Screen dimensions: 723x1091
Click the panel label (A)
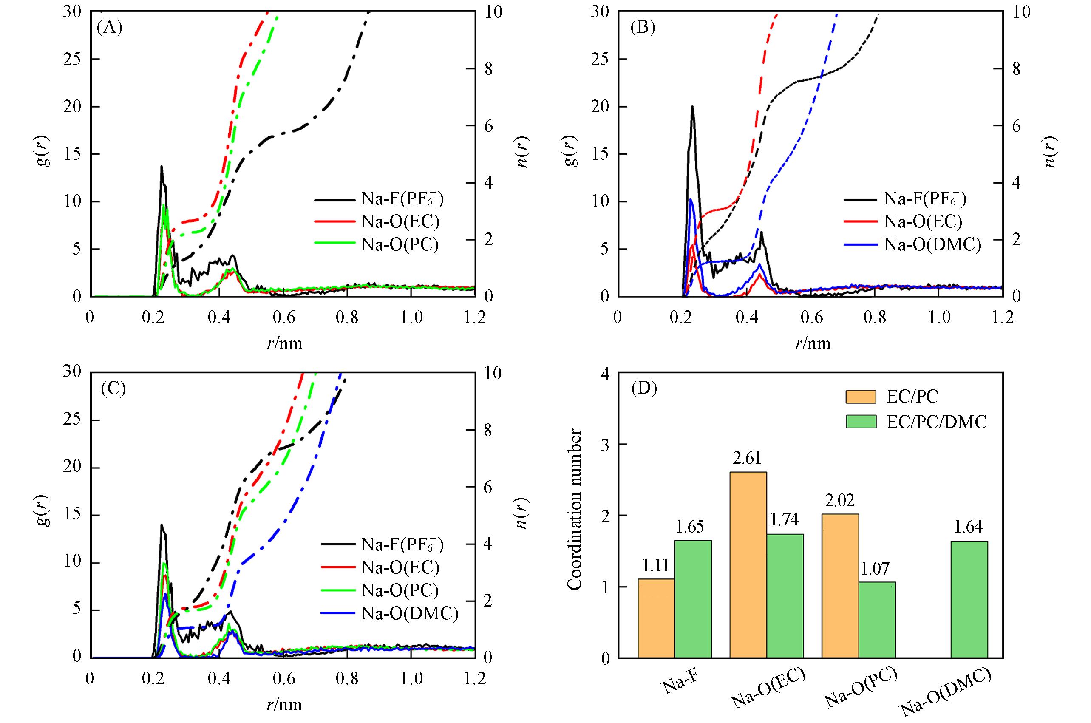point(109,28)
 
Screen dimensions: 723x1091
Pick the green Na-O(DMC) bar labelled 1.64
point(969,599)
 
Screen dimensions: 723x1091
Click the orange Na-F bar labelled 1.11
point(656,618)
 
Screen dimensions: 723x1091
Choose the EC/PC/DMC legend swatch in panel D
point(861,422)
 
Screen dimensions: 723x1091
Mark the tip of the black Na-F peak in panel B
point(692,107)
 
